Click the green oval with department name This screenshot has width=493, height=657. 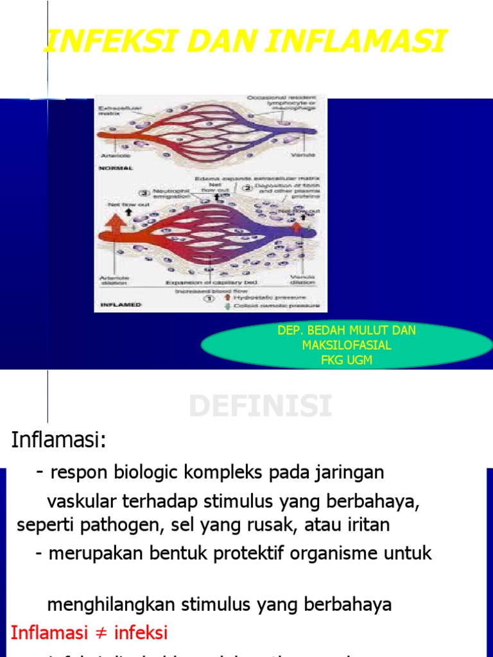coord(347,346)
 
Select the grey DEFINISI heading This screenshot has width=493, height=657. coord(261,407)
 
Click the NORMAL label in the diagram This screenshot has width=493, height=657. coord(116,168)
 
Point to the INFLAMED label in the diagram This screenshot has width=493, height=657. coord(119,305)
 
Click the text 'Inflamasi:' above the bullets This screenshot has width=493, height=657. coord(58,441)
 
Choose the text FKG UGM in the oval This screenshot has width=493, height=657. coord(347,360)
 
